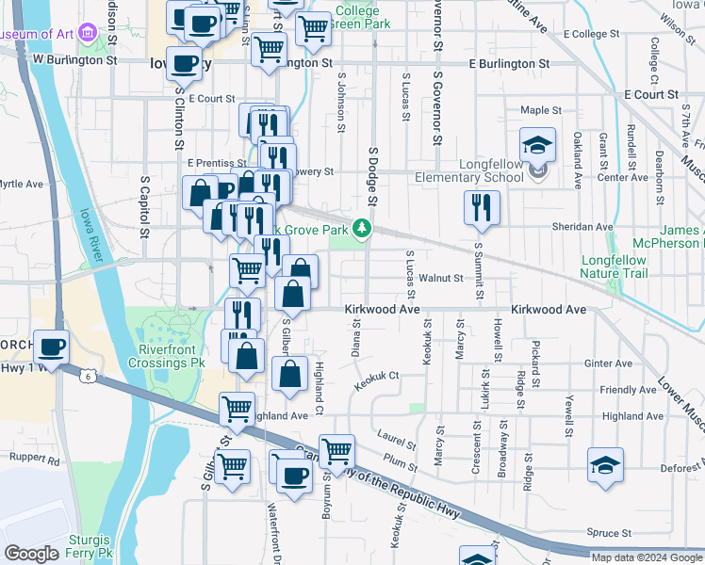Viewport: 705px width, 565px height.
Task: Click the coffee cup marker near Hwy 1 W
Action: coord(52,347)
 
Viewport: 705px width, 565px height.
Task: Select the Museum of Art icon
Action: coord(89,34)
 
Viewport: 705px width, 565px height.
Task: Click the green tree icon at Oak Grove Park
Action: coord(362,228)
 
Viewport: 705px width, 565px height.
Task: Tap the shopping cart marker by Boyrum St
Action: coord(336,451)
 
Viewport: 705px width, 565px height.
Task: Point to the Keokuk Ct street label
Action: coord(378,379)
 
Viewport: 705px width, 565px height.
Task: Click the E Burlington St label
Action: coord(510,63)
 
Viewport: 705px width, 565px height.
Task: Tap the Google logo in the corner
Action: coord(31,554)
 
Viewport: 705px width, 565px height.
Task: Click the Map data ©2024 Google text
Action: coord(646,557)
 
